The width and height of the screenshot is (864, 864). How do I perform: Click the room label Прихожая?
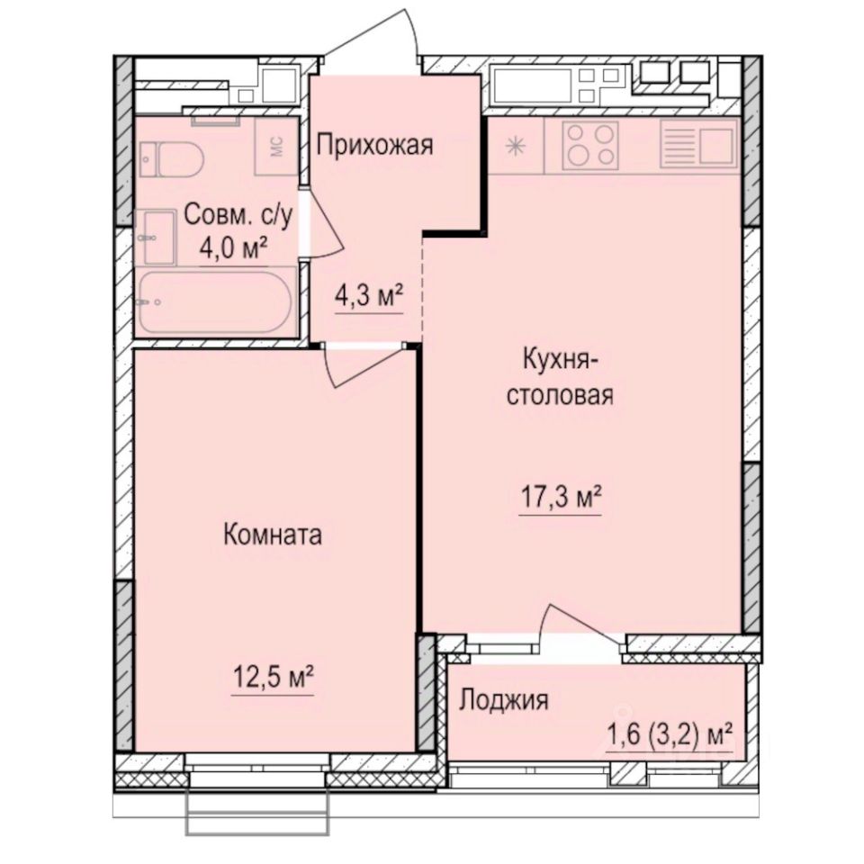[374, 145]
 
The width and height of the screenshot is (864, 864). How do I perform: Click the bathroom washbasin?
[158, 236]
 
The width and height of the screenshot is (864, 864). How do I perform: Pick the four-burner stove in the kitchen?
[591, 145]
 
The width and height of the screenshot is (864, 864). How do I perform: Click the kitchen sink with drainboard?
[698, 144]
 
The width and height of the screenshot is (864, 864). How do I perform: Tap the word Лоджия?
[503, 700]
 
